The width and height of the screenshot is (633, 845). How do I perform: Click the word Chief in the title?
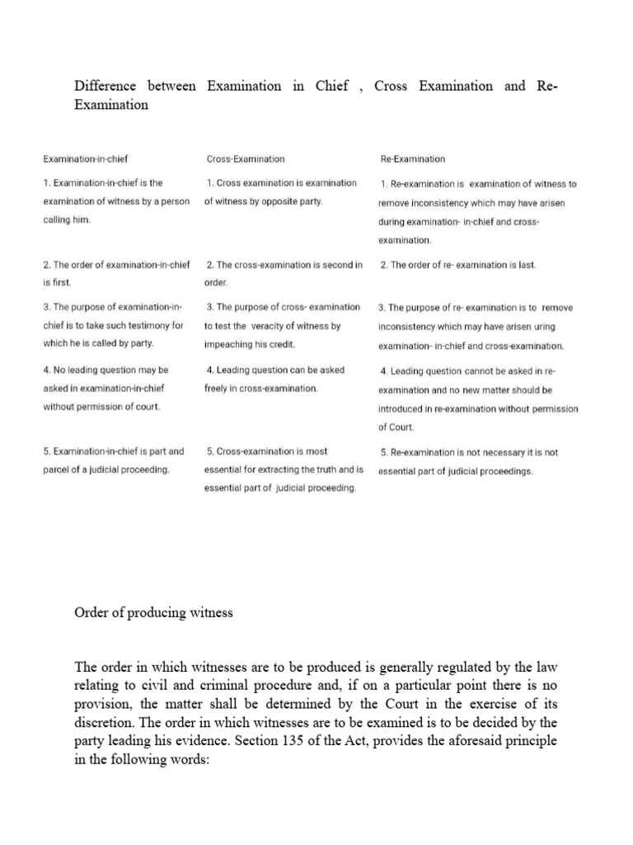tap(332, 86)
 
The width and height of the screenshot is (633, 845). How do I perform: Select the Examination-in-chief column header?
tap(86, 158)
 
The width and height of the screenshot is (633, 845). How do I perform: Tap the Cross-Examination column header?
tap(246, 158)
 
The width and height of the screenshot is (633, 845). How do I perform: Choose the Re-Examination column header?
tap(413, 158)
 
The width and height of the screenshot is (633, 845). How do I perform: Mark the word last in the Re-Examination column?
tap(525, 265)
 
